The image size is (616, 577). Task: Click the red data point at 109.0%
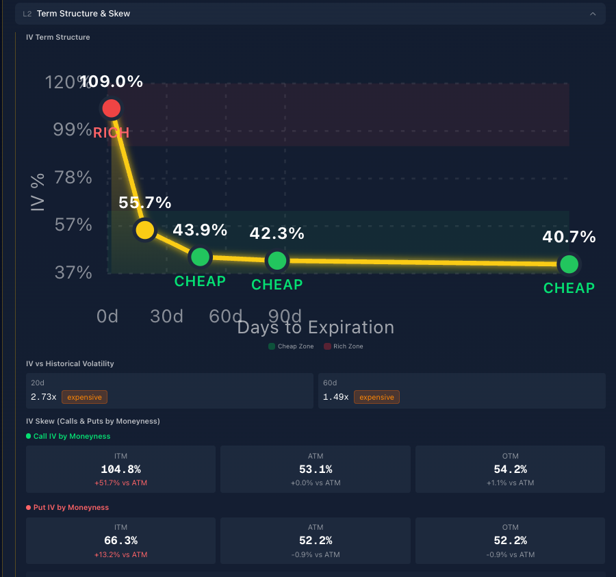click(x=111, y=108)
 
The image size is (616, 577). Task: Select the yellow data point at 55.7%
click(x=144, y=230)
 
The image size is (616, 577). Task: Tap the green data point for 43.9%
click(x=200, y=257)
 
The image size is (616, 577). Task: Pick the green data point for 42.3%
click(x=277, y=261)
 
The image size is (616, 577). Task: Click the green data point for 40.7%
click(x=569, y=264)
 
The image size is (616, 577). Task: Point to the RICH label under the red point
click(x=111, y=133)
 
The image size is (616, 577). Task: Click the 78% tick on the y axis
click(x=73, y=177)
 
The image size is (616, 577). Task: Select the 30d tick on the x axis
click(x=166, y=316)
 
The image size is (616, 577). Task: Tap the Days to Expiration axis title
click(x=316, y=327)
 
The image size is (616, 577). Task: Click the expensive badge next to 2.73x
click(x=84, y=397)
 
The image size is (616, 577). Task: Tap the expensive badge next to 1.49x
click(x=376, y=397)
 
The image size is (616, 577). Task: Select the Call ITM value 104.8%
click(x=120, y=470)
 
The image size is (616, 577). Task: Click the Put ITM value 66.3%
click(x=120, y=541)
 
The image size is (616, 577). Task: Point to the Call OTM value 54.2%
click(x=510, y=470)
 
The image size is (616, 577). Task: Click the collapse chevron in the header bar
click(x=593, y=14)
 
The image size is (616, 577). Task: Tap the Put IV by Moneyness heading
click(x=70, y=507)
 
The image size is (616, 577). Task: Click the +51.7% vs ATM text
click(x=120, y=483)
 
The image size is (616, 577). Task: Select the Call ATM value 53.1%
click(x=316, y=470)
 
